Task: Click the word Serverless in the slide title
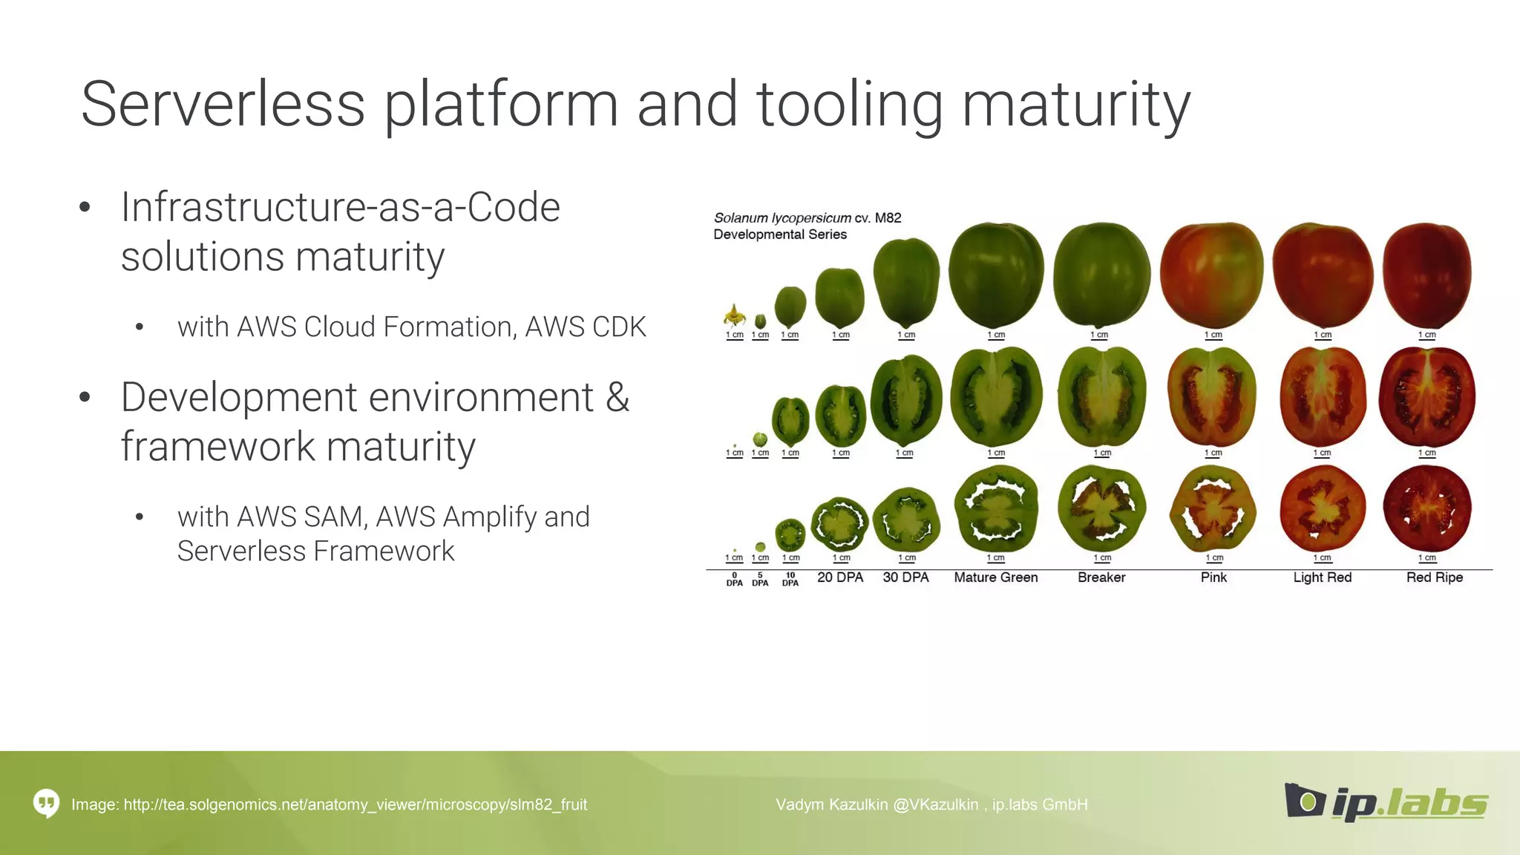coord(223,105)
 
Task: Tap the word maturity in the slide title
coord(1075,105)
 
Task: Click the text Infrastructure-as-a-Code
coord(340,207)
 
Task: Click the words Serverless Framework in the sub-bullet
coord(315,551)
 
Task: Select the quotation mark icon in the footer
coord(46,803)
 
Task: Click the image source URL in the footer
coord(355,805)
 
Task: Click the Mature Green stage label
coord(995,577)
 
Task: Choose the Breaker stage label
coord(1101,577)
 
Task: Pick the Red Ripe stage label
coord(1434,577)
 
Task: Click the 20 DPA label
coord(840,577)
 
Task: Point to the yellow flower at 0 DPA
coord(734,316)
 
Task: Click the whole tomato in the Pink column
coord(1211,275)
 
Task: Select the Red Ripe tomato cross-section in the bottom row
coord(1426,509)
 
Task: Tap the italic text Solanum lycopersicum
coord(782,218)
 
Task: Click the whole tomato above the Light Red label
coord(1322,275)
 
